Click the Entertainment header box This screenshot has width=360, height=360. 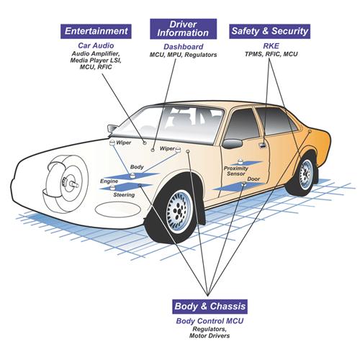97,32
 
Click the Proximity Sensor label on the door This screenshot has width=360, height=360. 236,170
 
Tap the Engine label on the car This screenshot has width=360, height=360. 109,181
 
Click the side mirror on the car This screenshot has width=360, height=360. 112,128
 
